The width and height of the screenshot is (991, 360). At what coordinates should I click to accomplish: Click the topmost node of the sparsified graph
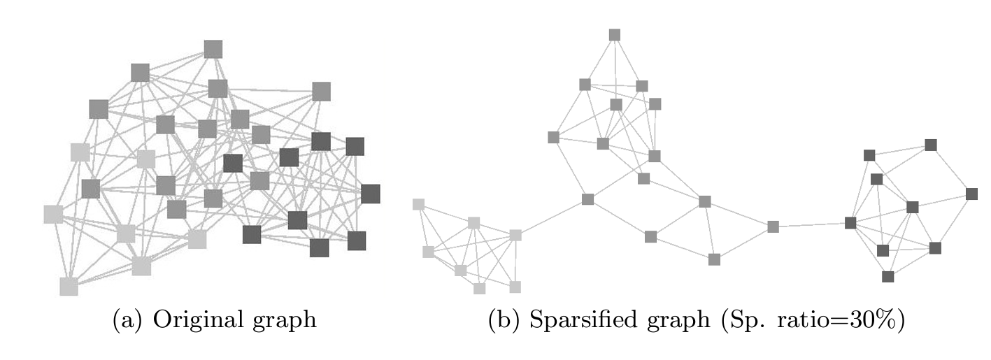pos(615,35)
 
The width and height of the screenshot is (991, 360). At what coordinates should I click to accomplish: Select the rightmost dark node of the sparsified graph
pos(971,194)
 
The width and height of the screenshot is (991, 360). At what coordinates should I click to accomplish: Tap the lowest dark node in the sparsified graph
pos(887,276)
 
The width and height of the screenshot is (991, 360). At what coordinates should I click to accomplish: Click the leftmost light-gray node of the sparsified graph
pos(418,204)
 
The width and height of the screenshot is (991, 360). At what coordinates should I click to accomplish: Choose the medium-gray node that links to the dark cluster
pos(773,226)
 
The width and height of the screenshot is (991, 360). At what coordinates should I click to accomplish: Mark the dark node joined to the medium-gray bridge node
pos(850,223)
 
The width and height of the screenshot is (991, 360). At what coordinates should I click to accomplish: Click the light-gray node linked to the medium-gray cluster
pos(515,235)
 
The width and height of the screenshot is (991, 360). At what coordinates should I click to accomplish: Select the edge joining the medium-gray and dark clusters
pos(811,225)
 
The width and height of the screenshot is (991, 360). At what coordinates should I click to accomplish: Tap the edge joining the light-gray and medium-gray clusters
pos(551,217)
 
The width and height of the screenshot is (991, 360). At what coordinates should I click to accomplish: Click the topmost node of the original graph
pos(213,49)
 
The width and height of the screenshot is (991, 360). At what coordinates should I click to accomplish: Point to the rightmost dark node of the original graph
pos(370,194)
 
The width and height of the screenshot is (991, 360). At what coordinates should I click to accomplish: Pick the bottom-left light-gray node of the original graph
pos(69,286)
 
